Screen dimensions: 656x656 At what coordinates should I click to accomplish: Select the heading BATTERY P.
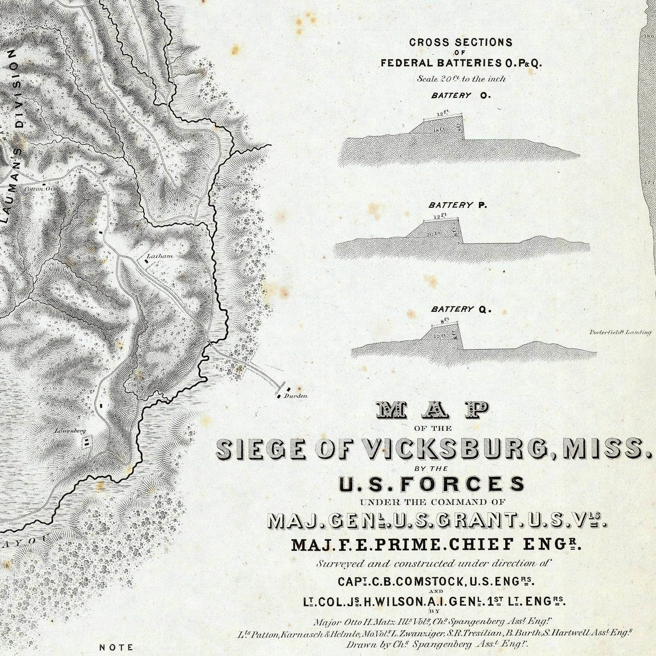coord(457,205)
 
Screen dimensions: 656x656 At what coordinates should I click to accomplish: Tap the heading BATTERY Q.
coord(461,309)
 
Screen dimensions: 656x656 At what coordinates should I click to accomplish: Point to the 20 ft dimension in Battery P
coord(432,234)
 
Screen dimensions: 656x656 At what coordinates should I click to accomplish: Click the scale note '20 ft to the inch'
coord(462,79)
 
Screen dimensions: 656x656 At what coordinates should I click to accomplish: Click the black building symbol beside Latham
coord(147,261)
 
